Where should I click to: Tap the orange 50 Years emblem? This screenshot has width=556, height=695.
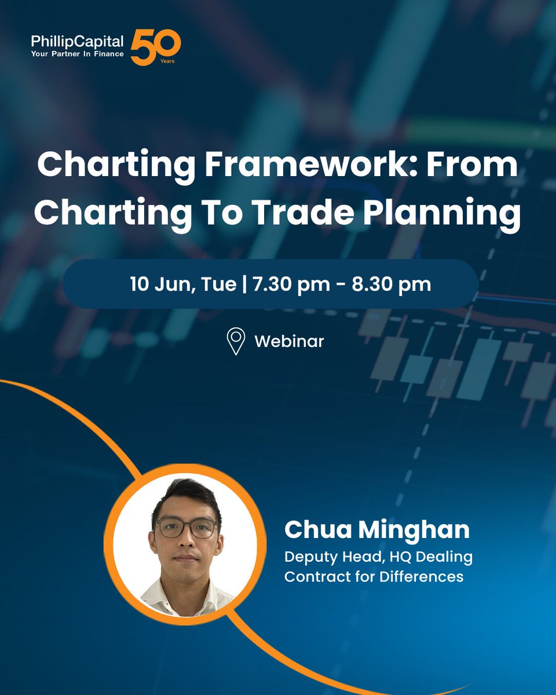(x=155, y=47)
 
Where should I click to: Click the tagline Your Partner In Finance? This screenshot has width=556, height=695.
(x=78, y=53)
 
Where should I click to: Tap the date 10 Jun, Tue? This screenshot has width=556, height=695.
(x=183, y=284)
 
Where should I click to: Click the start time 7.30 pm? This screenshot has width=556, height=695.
(x=281, y=284)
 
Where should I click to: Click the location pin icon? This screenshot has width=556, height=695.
(x=236, y=341)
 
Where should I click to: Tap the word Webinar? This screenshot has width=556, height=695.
(x=289, y=341)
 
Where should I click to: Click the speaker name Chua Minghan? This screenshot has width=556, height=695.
(x=377, y=529)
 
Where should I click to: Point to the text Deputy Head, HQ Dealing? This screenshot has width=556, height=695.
(x=378, y=557)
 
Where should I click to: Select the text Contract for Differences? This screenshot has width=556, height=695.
(x=374, y=576)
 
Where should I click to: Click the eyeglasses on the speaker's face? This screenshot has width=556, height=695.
(x=186, y=528)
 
